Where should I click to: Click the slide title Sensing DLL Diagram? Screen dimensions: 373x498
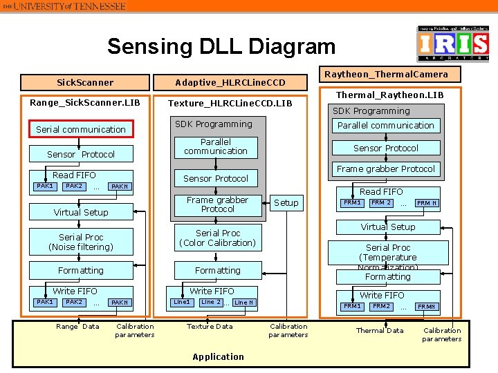221,47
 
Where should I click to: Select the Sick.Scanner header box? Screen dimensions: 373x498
85,82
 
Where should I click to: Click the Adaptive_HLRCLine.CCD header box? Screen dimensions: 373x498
230,82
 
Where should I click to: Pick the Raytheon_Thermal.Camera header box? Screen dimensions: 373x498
386,74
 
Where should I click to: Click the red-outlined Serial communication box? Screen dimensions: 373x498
81,129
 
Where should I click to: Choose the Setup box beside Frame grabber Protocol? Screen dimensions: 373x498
286,202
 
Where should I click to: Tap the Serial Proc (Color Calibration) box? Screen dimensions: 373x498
217,238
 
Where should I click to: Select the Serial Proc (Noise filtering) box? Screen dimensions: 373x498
81,242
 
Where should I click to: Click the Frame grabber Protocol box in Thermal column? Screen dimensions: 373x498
386,169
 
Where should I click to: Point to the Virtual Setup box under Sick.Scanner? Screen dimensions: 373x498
81,212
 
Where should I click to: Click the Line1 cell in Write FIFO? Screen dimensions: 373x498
182,302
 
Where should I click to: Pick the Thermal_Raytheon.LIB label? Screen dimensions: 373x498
389,95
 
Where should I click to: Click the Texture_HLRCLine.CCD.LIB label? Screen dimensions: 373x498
230,104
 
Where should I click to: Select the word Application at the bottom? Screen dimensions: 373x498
219,356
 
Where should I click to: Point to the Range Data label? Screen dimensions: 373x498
77,326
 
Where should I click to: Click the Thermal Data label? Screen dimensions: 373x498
380,330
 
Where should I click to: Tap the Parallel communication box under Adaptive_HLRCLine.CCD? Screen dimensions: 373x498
216,146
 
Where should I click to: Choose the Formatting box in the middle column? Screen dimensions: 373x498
217,270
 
